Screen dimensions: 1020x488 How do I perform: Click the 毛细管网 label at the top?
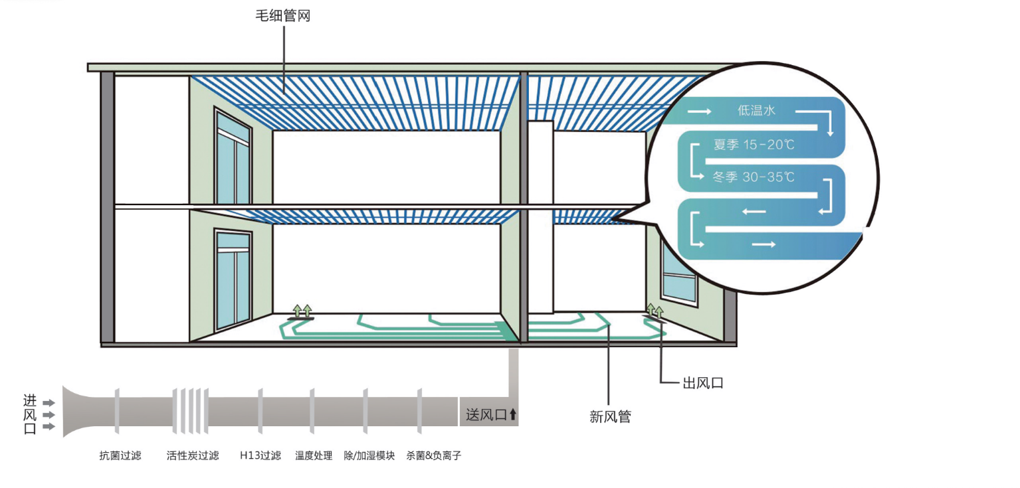[x=283, y=16]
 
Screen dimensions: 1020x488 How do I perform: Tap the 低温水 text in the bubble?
[x=756, y=110]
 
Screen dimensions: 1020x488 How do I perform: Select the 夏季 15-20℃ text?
[x=754, y=145]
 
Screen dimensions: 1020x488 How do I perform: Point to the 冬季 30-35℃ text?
[x=754, y=177]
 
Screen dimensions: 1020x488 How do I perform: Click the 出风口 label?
[x=703, y=383]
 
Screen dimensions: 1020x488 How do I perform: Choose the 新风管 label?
[x=610, y=416]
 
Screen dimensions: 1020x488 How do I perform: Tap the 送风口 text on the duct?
[x=486, y=415]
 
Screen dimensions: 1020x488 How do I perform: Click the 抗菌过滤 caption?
[x=120, y=455]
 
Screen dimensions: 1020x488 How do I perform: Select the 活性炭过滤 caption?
[x=193, y=455]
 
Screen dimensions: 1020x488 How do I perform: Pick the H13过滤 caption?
[x=260, y=455]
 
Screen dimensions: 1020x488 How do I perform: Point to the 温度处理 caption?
[x=314, y=455]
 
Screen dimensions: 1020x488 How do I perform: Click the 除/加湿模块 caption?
[x=369, y=455]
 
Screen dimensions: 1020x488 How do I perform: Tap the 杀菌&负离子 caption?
[x=434, y=455]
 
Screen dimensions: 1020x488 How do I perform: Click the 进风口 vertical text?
[x=30, y=414]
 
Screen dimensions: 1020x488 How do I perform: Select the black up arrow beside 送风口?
[x=513, y=414]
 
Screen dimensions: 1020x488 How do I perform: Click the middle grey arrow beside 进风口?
[x=49, y=415]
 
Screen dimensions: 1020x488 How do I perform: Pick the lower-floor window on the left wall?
[x=233, y=280]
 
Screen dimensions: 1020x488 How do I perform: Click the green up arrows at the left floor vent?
[x=302, y=311]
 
